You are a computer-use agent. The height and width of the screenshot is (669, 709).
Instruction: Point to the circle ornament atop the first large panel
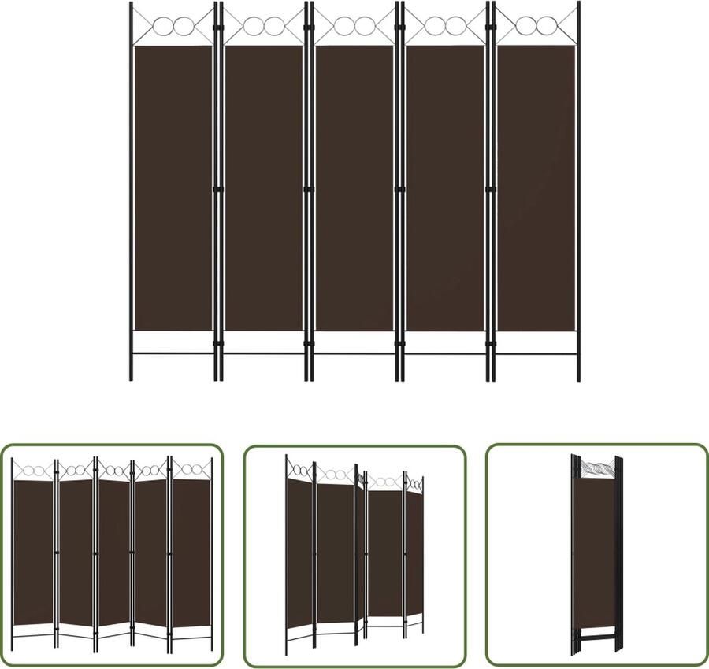(x=173, y=27)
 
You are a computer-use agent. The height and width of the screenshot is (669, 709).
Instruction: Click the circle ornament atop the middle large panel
(x=354, y=27)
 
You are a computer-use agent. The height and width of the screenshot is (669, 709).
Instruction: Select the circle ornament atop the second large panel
(x=264, y=27)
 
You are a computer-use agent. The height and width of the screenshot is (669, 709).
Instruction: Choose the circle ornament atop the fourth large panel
(x=445, y=27)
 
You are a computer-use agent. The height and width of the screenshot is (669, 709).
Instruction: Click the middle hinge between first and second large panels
(x=217, y=189)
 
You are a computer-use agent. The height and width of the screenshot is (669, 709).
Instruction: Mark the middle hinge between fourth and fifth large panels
(x=490, y=189)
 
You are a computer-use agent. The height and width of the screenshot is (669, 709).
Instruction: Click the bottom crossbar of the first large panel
(x=173, y=353)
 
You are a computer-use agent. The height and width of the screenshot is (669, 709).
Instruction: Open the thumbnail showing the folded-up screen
(x=596, y=555)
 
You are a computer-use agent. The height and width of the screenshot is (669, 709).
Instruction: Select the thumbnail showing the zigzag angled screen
(x=354, y=555)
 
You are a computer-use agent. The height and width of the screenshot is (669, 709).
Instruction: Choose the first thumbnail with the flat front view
(x=112, y=555)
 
